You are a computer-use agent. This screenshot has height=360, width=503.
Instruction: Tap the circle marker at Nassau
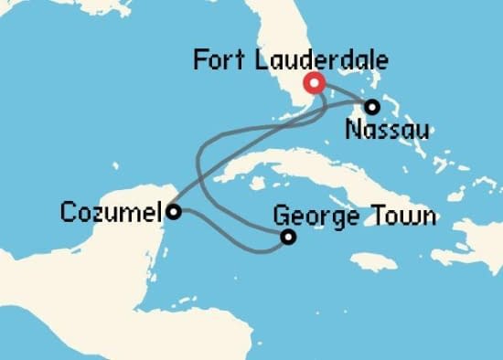[372, 107]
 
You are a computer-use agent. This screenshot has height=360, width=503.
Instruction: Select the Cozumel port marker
[173, 212]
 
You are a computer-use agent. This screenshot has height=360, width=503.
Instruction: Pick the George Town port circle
[289, 238]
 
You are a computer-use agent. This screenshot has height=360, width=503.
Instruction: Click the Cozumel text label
[110, 213]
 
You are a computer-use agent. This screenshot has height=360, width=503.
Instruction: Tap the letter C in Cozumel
[67, 213]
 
